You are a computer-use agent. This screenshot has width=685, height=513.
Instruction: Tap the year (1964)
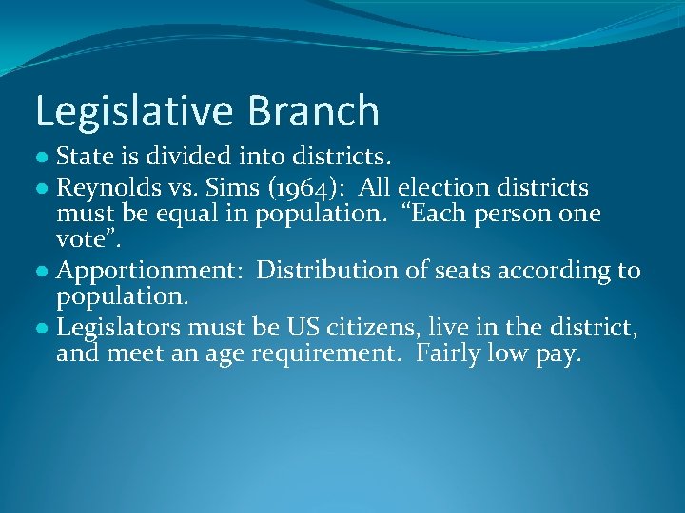pos(303,189)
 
